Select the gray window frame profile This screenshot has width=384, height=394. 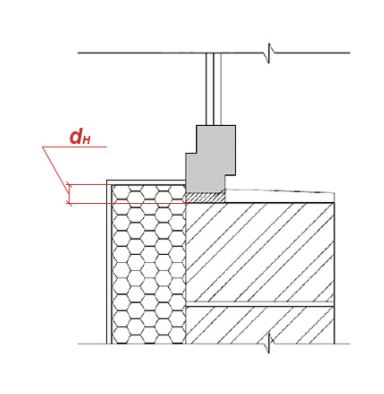210,159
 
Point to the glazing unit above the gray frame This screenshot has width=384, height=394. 213,89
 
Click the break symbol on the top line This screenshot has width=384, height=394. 270,53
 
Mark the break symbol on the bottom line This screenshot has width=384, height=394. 270,343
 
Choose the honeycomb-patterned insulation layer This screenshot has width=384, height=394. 149,264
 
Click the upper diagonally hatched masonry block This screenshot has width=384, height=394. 260,252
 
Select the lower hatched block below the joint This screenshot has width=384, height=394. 260,325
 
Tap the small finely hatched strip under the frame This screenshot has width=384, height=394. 205,197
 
